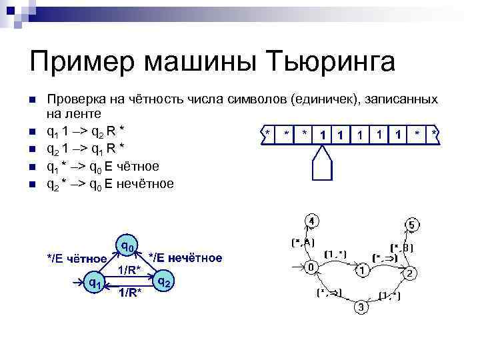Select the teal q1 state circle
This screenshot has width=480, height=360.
95,283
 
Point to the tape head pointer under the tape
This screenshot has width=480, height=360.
323,163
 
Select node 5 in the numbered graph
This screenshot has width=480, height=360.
412,226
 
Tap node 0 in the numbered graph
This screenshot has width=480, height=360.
310,267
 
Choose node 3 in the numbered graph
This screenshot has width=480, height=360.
359,307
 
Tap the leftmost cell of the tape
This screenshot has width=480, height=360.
267,134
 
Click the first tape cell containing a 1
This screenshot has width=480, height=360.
323,135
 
